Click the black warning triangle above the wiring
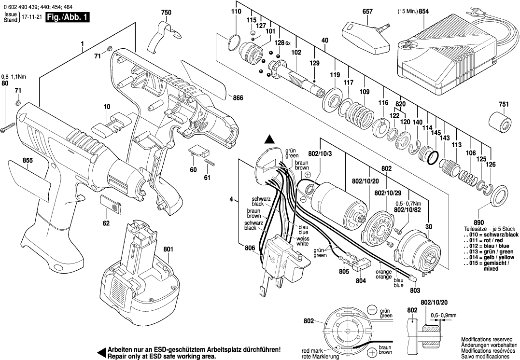[x=270, y=139]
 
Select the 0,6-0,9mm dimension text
[x=443, y=315]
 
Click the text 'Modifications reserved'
[x=486, y=340]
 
